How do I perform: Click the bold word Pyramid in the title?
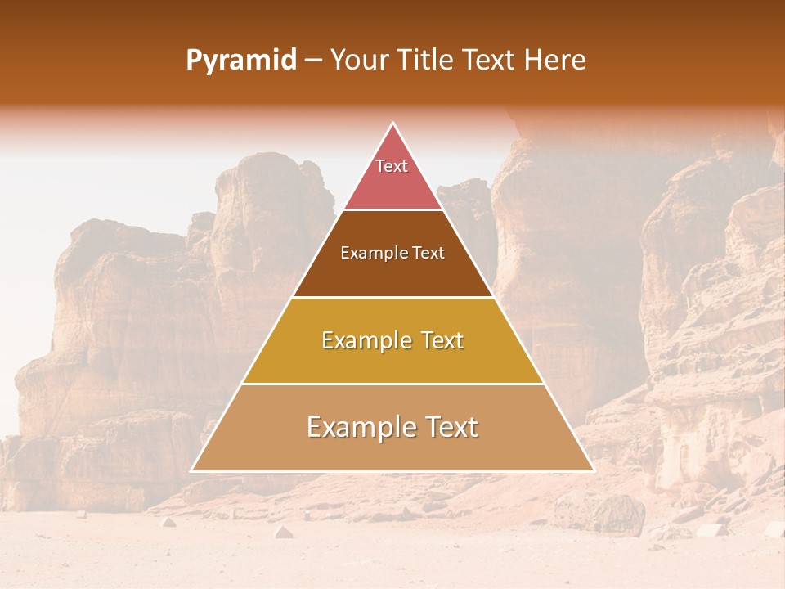[241, 61]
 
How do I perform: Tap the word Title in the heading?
[429, 61]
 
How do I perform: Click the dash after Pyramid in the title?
[313, 61]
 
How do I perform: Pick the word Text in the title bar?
[490, 61]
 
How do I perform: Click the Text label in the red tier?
[392, 166]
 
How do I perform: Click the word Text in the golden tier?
[443, 340]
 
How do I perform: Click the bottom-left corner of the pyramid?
[192, 470]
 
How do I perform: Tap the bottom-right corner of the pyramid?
[594, 470]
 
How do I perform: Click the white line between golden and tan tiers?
[393, 384]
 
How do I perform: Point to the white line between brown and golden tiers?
[393, 297]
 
